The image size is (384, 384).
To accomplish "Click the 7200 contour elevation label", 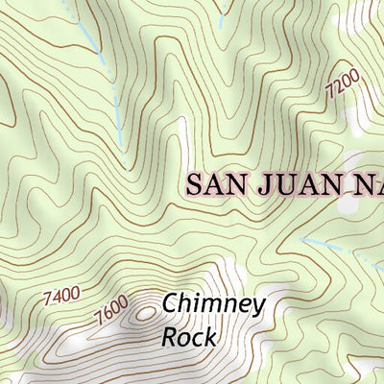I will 342,85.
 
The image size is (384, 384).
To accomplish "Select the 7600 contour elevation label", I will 111,311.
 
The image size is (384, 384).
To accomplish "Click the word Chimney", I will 213,306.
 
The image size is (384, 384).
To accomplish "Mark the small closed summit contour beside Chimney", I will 145,311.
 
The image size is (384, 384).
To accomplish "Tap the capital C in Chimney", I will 170,304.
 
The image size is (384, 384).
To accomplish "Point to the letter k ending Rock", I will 210,338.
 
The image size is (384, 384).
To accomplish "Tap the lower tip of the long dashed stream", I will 122,149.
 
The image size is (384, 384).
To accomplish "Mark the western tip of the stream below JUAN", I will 300,239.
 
